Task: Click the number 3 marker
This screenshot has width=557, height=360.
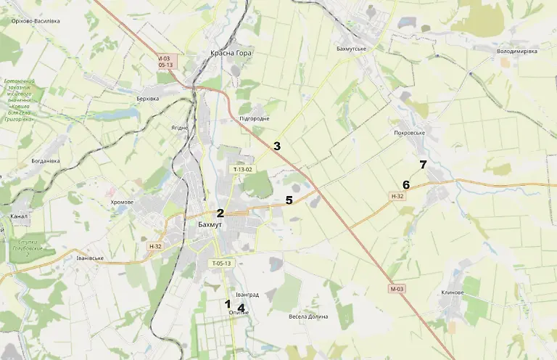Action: [276, 146]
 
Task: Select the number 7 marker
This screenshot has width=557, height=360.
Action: [423, 164]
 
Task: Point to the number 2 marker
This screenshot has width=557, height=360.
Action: [220, 213]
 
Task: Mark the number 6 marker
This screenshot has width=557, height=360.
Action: [406, 184]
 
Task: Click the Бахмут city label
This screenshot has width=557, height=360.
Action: [210, 225]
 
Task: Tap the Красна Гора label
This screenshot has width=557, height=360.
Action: [231, 54]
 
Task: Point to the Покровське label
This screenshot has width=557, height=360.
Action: [409, 134]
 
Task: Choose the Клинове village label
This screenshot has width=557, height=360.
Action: [452, 293]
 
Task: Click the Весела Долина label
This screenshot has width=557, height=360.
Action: [308, 316]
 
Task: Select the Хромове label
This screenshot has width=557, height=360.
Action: [122, 202]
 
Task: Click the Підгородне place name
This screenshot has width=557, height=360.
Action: [254, 118]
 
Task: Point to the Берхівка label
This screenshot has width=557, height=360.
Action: [147, 98]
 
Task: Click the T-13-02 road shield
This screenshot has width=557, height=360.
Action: [242, 169]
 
